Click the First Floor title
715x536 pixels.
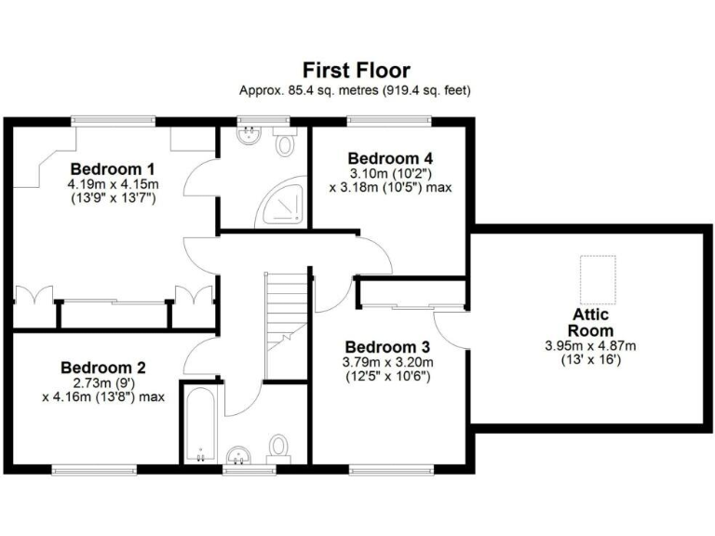(357, 70)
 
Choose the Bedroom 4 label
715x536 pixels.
(391, 157)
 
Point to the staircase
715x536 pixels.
(287, 321)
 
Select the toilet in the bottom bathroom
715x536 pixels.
(278, 449)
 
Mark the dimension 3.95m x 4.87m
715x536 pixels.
(591, 345)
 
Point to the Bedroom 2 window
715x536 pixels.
(93, 467)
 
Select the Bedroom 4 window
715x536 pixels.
(389, 120)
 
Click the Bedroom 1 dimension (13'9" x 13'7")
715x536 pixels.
(112, 198)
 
